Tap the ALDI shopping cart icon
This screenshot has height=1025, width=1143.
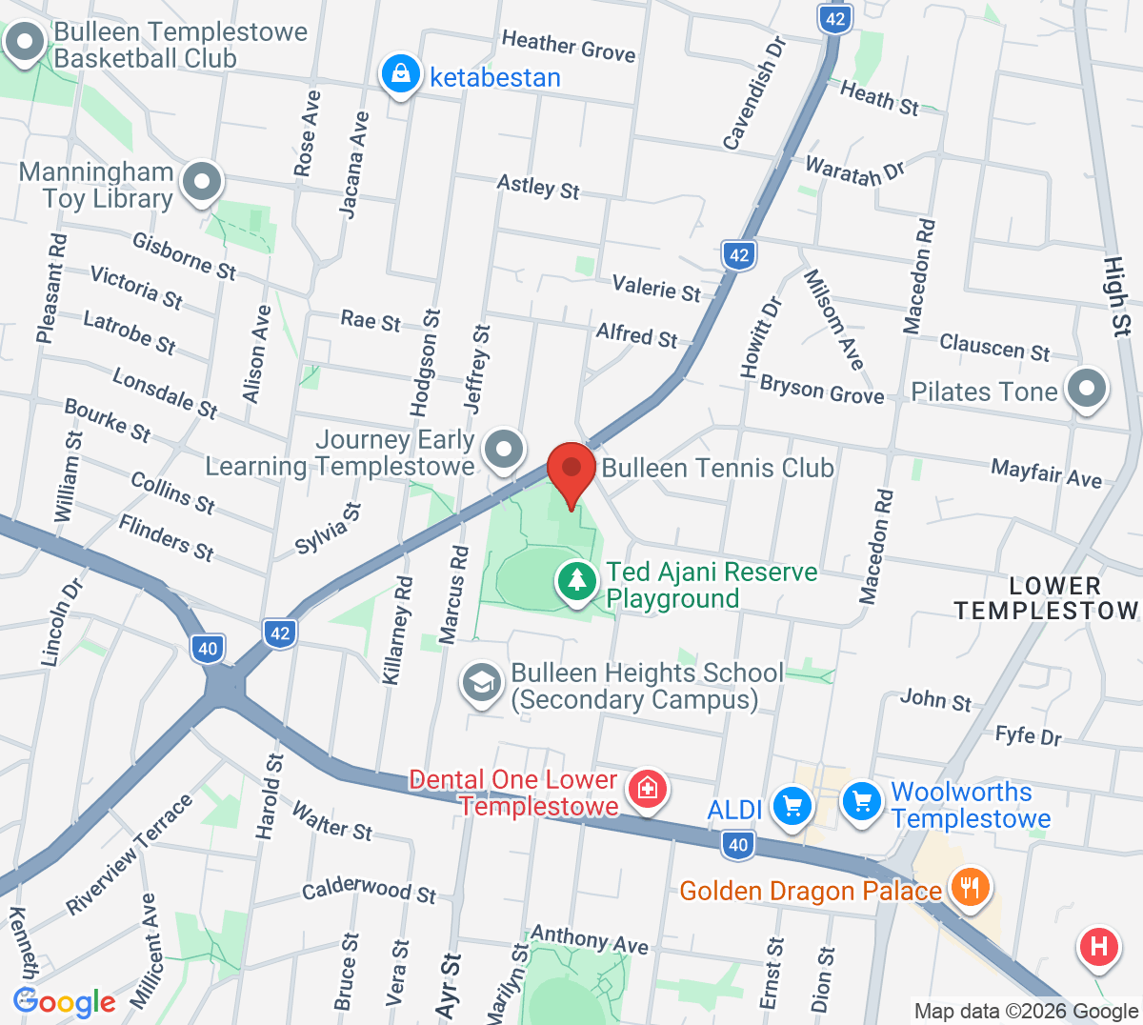[x=792, y=806]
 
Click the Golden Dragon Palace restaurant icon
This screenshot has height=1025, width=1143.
[x=970, y=887]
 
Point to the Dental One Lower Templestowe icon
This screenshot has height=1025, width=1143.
[x=648, y=788]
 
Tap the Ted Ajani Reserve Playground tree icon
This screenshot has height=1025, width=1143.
[x=576, y=580]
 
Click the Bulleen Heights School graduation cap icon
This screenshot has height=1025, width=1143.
[x=482, y=682]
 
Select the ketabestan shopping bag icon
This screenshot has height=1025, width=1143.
[x=401, y=73]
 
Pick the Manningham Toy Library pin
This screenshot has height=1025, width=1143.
[x=202, y=181]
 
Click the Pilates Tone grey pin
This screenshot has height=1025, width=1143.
[x=1086, y=388]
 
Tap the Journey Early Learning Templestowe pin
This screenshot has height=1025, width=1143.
[x=504, y=448]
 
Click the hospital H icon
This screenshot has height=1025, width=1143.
[x=1098, y=947]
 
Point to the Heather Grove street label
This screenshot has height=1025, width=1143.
[x=569, y=45]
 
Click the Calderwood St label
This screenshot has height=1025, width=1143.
[x=369, y=890]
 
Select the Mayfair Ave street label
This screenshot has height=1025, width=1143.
[x=1046, y=472]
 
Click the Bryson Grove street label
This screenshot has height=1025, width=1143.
[x=822, y=389]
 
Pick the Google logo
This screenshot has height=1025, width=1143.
[x=65, y=1002]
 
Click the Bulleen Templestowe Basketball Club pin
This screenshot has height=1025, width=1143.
[x=24, y=43]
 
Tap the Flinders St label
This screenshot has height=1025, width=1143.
[x=166, y=537]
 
